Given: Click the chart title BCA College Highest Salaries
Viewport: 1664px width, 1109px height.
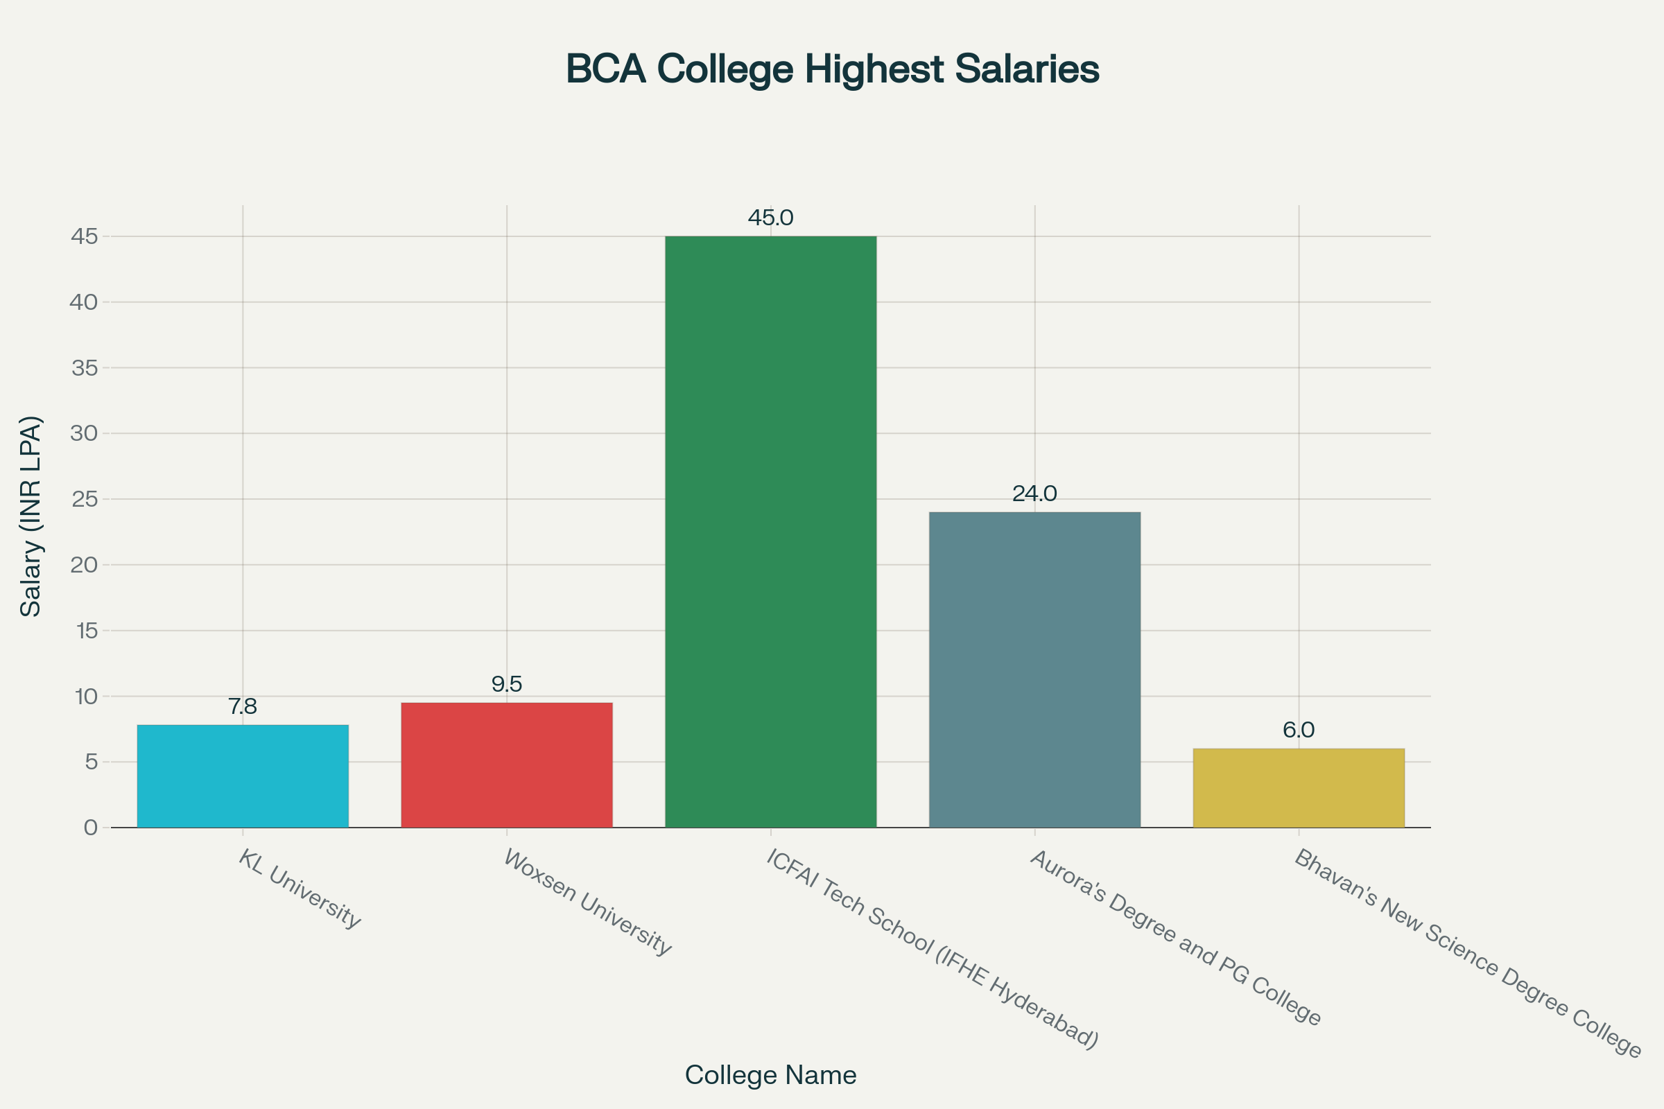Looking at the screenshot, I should pyautogui.click(x=832, y=69).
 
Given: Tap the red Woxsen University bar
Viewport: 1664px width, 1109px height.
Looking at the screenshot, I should pyautogui.click(x=507, y=765).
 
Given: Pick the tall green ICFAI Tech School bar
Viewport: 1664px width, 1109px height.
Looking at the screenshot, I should pyautogui.click(x=770, y=531).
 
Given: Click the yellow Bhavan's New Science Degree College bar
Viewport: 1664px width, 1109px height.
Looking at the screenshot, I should pyautogui.click(x=1298, y=788).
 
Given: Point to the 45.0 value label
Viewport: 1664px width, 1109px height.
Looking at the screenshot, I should pyautogui.click(x=770, y=218).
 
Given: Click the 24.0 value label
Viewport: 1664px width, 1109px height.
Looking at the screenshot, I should pyautogui.click(x=1034, y=494).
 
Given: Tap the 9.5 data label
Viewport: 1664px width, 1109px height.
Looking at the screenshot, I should pyautogui.click(x=507, y=684).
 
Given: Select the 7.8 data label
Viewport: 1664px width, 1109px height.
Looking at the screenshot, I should pyautogui.click(x=243, y=706).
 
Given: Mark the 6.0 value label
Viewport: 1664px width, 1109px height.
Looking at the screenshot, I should pyautogui.click(x=1298, y=730).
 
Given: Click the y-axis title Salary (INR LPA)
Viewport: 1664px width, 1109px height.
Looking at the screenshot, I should pyautogui.click(x=31, y=516).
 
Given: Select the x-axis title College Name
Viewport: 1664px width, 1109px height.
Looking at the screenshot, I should pyautogui.click(x=770, y=1075).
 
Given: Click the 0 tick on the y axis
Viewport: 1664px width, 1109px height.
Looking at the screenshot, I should pyautogui.click(x=91, y=828).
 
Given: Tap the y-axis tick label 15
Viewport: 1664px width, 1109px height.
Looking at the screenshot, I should pyautogui.click(x=86, y=631).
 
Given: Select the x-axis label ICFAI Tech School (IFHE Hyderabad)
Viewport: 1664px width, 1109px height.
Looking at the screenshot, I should pyautogui.click(x=933, y=949).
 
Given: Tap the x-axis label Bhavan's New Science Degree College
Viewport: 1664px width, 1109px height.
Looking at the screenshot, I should pyautogui.click(x=1468, y=952).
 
